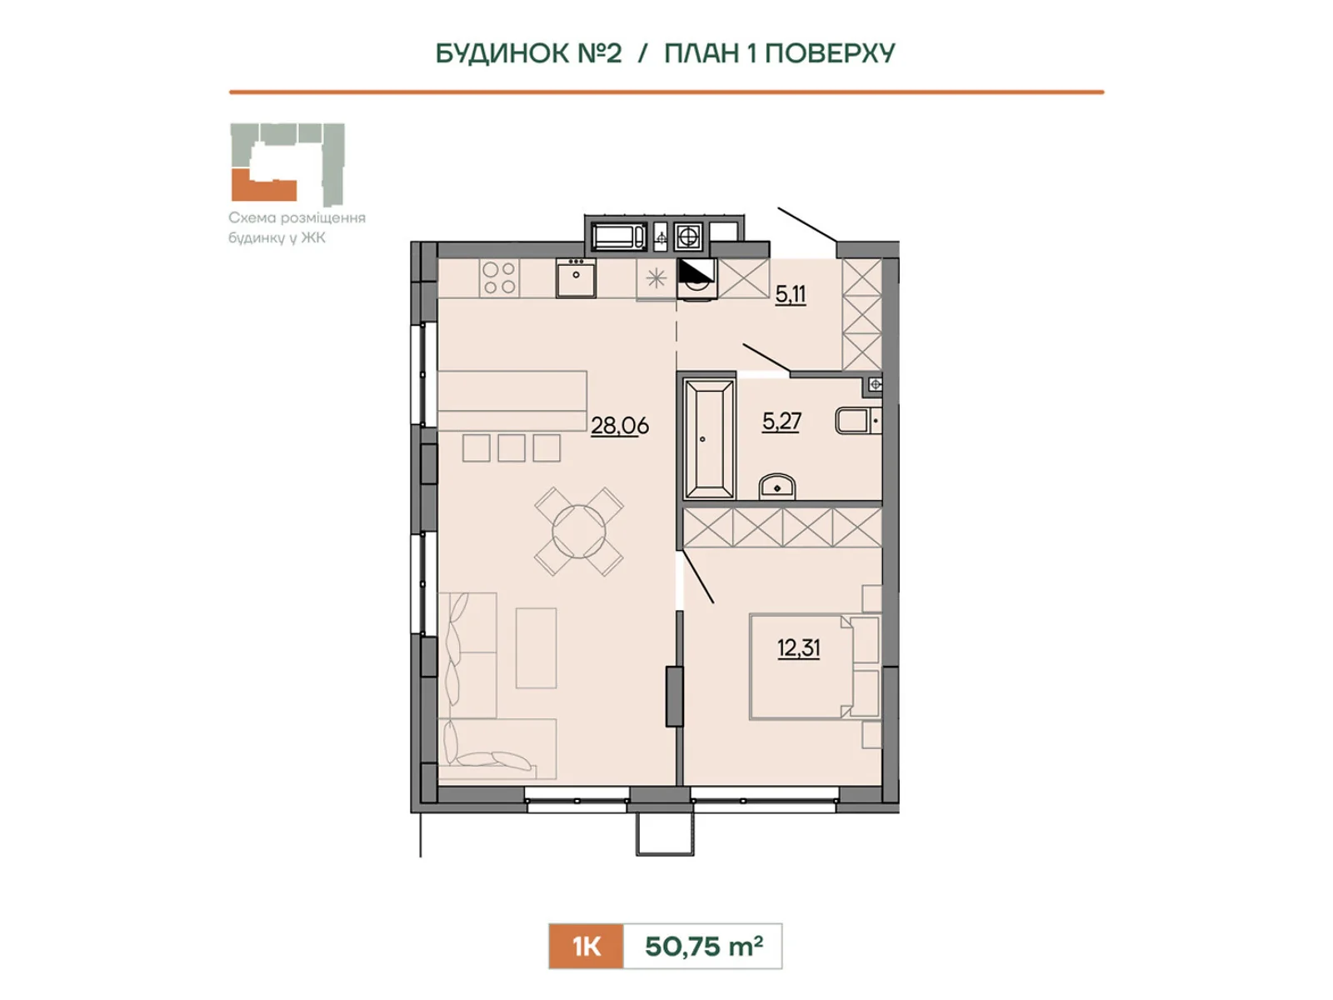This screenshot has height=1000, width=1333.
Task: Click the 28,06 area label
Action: pos(620,426)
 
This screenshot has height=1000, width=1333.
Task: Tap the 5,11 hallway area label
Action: pos(791,294)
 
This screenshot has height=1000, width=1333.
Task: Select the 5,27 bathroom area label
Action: pos(781,422)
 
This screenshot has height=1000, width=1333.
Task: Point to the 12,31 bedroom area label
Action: pos(799,647)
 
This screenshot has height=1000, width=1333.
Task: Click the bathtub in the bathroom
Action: pos(708,438)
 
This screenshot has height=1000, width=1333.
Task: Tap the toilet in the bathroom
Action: pos(858,421)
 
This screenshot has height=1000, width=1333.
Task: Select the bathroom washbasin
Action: pos(777,487)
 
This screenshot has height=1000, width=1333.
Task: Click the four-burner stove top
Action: pos(499,278)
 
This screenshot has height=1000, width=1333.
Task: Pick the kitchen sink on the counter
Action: pos(576,277)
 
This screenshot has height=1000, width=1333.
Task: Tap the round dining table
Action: pos(579,532)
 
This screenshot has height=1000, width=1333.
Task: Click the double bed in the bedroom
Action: pos(814,667)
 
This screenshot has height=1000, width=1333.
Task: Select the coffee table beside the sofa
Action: pos(537,647)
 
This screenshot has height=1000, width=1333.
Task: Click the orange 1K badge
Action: pos(586,946)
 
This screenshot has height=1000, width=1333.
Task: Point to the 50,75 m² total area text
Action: pos(704,946)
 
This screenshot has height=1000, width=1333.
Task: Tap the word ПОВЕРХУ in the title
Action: pos(830,53)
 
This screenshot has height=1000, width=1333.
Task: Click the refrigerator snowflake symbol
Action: pos(656,278)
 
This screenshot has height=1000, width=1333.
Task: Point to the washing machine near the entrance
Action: pos(697,278)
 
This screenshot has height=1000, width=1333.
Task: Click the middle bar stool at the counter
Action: pos(512,448)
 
